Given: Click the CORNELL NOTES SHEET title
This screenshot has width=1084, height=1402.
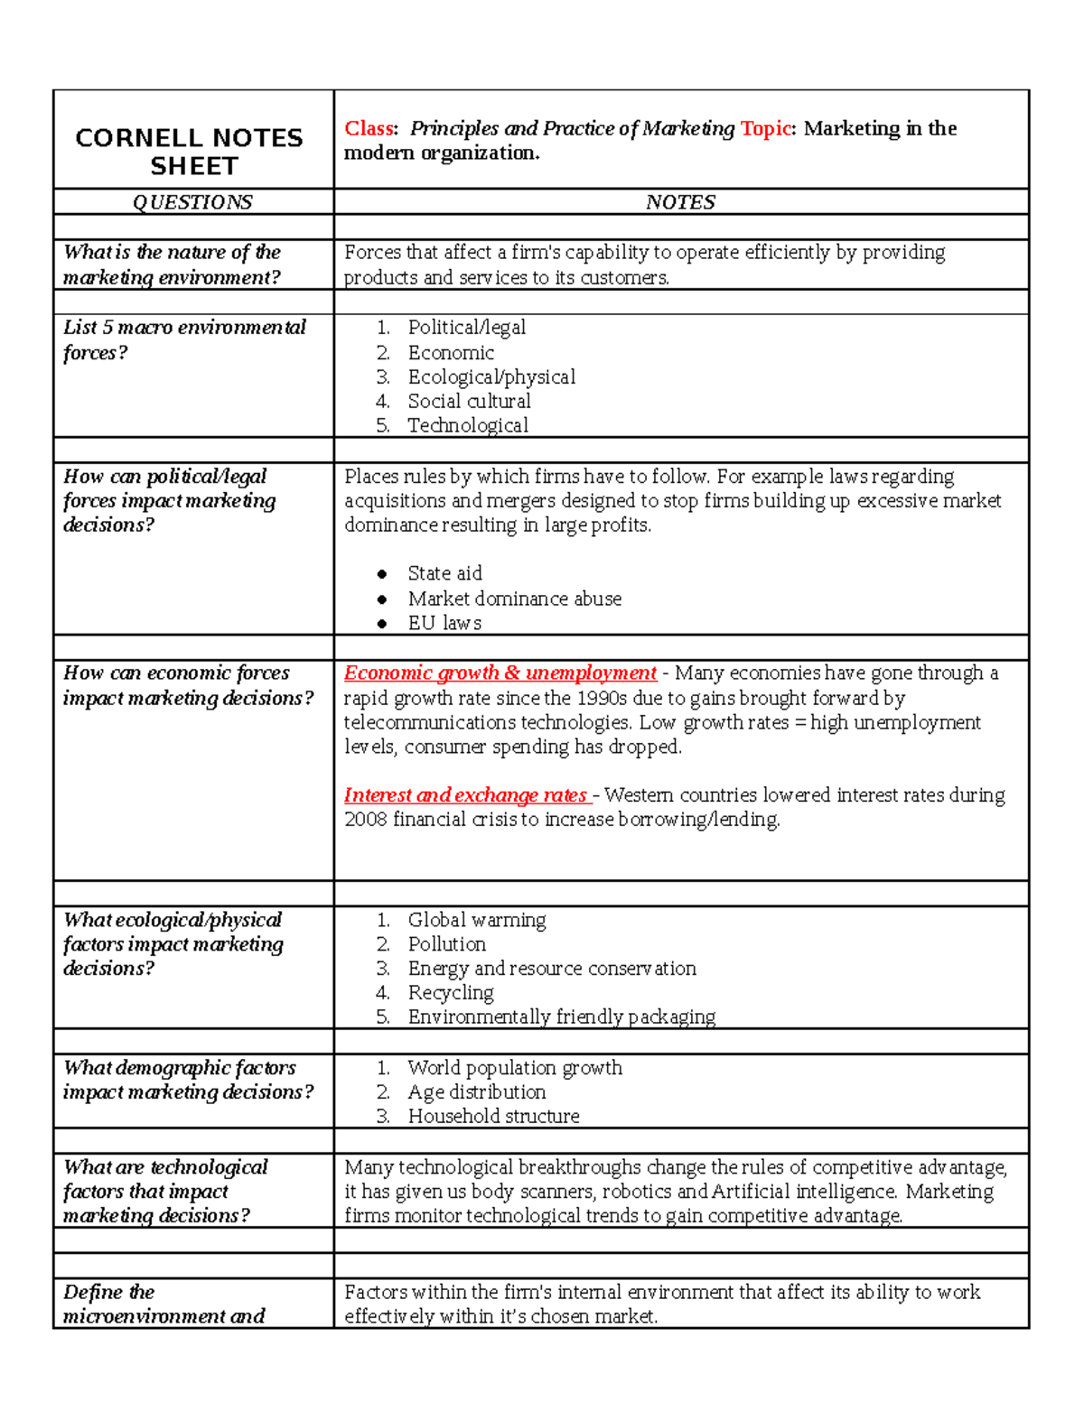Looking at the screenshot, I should [x=190, y=152].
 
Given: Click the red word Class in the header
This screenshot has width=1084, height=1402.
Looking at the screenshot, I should [x=369, y=128].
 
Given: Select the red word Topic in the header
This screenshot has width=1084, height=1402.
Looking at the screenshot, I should [x=765, y=128].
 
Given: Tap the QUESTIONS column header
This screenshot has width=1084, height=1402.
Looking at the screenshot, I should [x=192, y=202].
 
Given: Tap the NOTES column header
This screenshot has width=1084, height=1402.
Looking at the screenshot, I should [x=680, y=202].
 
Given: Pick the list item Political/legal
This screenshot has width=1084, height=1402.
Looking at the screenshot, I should [x=466, y=327].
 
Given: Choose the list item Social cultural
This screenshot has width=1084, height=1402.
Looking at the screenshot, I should [x=469, y=401].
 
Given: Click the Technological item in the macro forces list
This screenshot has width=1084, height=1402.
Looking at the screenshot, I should [x=468, y=425].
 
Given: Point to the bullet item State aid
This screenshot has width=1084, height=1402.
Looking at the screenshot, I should [x=444, y=573].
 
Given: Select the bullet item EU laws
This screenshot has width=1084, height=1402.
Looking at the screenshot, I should [x=444, y=623].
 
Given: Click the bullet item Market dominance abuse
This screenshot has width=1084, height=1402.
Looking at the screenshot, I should [x=514, y=599].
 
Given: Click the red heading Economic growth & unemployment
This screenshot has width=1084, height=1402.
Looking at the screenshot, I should [x=500, y=673].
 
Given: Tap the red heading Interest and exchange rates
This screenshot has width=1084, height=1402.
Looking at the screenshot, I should [x=466, y=795].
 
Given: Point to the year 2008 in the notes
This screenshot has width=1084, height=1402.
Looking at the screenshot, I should [x=365, y=820].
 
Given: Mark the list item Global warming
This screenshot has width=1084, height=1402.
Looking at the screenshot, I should [x=476, y=920].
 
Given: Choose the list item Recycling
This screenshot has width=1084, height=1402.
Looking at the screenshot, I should [x=451, y=993].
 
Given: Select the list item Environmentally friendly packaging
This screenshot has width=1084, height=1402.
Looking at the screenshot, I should [x=561, y=1017].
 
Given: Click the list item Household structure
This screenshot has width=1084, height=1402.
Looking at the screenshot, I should [x=493, y=1117].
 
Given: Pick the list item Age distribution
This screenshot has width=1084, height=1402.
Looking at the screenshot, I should [x=476, y=1092].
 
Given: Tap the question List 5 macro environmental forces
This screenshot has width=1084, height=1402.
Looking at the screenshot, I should [x=184, y=339].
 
